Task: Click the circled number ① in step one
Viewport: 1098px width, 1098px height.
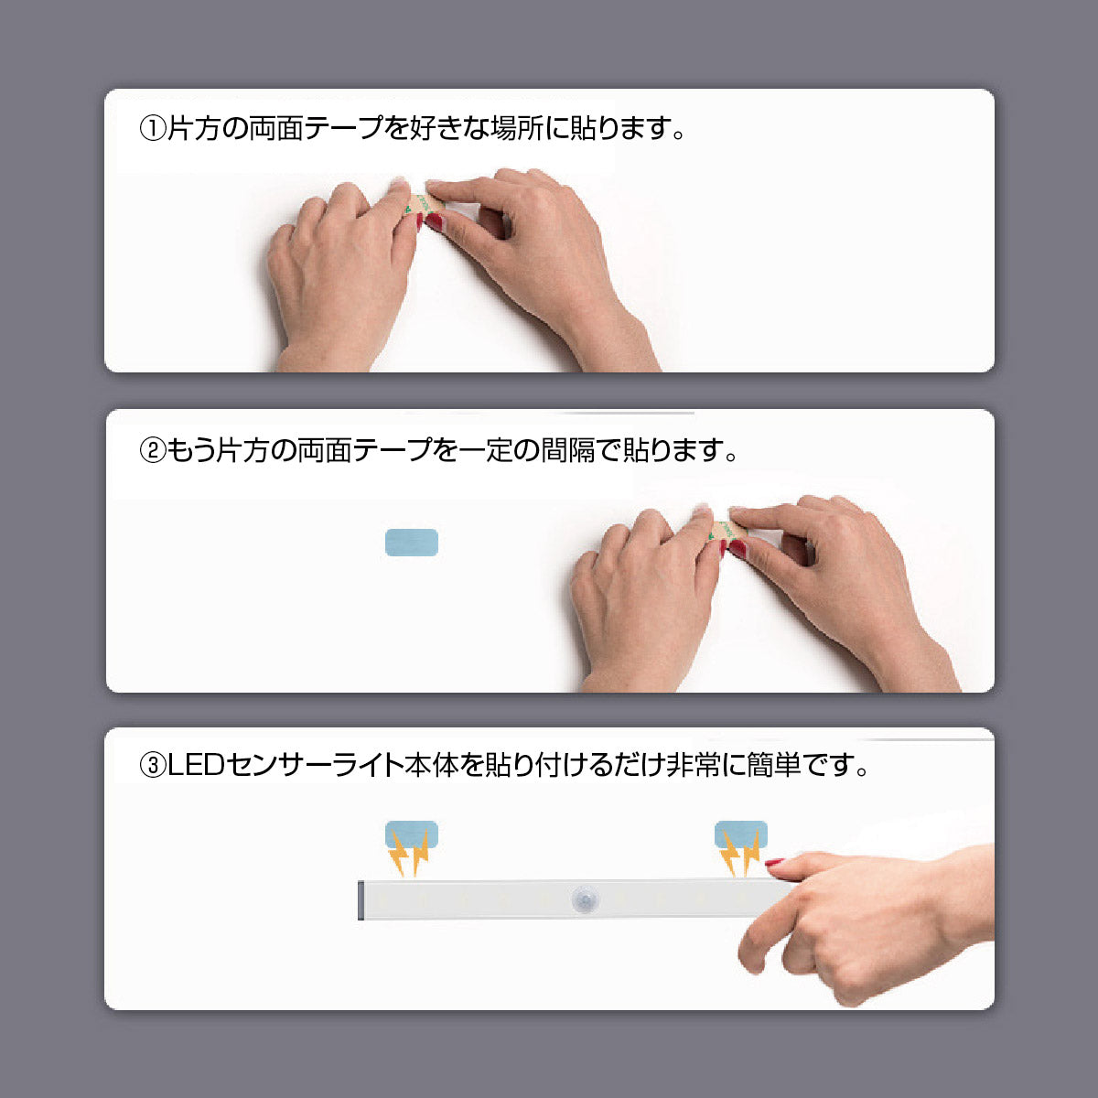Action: click(x=152, y=129)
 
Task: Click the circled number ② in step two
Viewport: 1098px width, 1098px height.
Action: click(x=152, y=451)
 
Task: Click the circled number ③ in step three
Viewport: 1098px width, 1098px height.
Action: click(x=152, y=765)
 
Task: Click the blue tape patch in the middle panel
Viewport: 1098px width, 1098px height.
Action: click(x=412, y=543)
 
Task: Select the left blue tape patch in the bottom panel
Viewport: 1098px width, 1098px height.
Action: click(x=412, y=834)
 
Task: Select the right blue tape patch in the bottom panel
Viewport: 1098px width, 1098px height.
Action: click(x=740, y=834)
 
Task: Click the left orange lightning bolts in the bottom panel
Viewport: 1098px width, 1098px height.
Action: click(x=408, y=855)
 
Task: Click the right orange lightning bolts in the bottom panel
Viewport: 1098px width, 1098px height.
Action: click(x=738, y=855)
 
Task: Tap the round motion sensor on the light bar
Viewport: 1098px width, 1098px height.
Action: click(x=584, y=899)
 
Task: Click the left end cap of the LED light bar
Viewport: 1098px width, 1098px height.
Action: click(x=362, y=900)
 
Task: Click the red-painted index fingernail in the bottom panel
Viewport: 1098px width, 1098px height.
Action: click(x=775, y=862)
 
